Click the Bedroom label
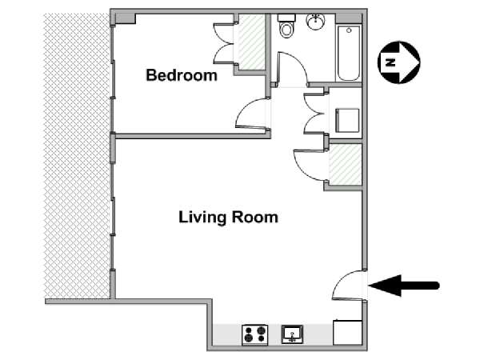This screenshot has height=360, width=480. coord(182,75)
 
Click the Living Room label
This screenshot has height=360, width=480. coord(228,218)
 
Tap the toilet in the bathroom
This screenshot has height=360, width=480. coord(286,26)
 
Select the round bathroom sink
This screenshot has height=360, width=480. coord(316,22)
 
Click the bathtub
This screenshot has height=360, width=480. coord(349,54)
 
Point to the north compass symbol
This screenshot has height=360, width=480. coord(399,62)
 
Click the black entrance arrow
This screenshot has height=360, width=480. coord(404,286)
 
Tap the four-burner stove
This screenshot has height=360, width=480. coord(255,334)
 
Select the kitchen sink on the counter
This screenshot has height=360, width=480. coord(292,334)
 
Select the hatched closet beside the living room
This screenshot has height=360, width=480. coord(346,164)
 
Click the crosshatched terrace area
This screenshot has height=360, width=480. coord(77,156)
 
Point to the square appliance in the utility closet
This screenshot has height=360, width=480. coord(347,121)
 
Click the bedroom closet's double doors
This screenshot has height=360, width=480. coord(223,43)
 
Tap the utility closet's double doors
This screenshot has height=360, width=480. coord(314,114)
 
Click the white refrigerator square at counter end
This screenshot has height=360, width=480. coord(347,333)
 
